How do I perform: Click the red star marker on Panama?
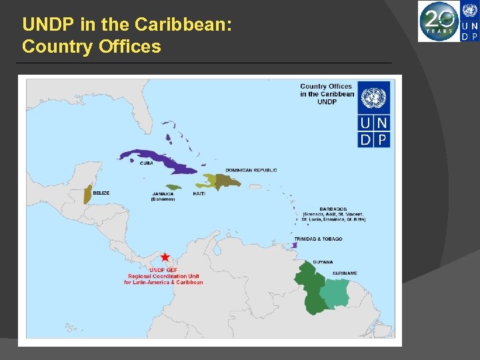(x=165, y=257)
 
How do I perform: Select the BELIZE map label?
(x=101, y=193)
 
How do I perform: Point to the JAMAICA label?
(x=163, y=194)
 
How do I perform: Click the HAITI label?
(x=199, y=193)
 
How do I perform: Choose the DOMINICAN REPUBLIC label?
(x=251, y=170)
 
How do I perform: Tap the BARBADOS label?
(x=315, y=207)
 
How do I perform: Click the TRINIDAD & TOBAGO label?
(x=318, y=239)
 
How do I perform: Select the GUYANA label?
(x=323, y=262)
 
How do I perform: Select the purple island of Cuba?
(x=153, y=157)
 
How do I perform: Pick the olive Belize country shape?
(x=87, y=194)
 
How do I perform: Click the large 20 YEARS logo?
(x=439, y=21)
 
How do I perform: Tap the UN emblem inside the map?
(x=374, y=98)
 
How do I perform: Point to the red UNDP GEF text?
(x=163, y=270)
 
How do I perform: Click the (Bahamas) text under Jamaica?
(x=163, y=199)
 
